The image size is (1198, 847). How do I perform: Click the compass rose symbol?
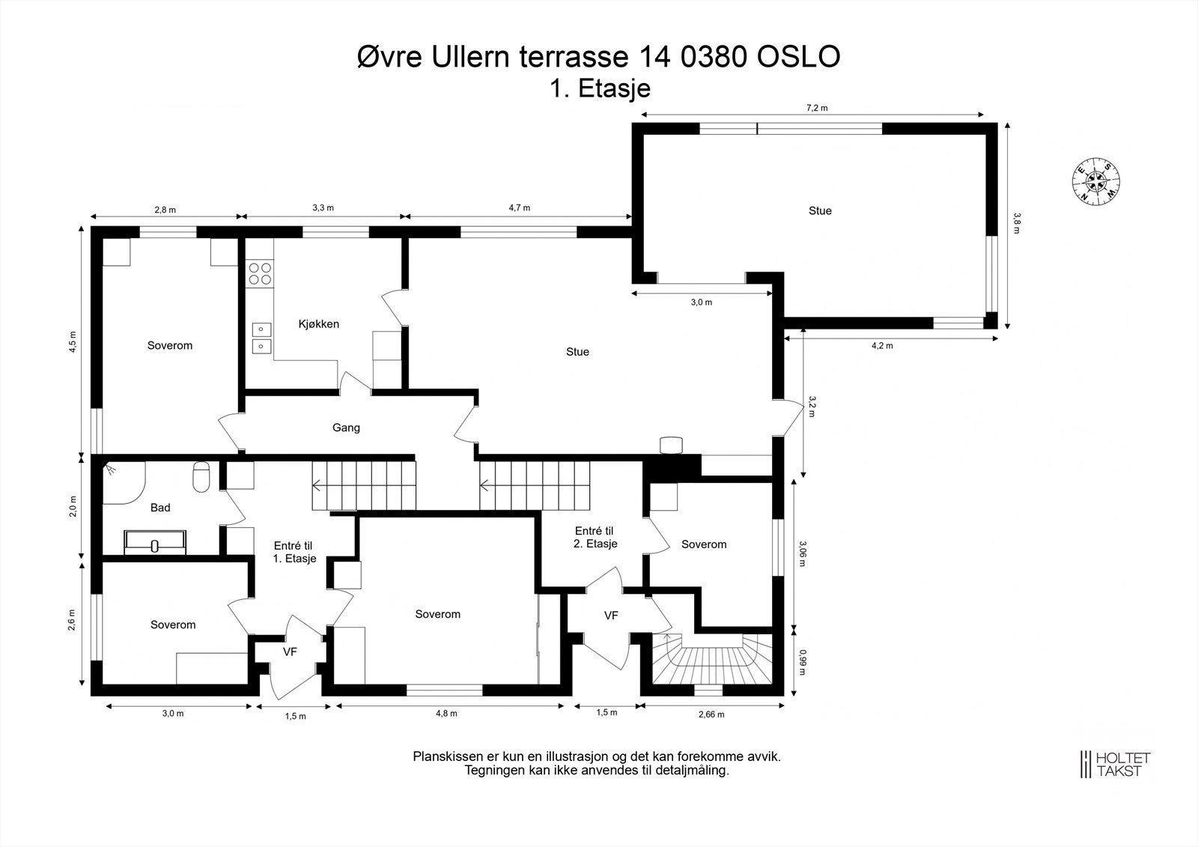pyautogui.click(x=1096, y=181)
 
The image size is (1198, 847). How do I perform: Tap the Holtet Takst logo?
pyautogui.click(x=1115, y=764)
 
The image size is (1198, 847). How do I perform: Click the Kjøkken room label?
pyautogui.click(x=319, y=324)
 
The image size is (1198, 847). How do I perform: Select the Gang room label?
pyautogui.click(x=346, y=428)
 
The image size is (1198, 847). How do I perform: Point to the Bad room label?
pyautogui.click(x=160, y=507)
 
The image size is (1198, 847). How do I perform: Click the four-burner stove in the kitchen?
pyautogui.click(x=260, y=273)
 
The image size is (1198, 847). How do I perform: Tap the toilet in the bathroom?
pyautogui.click(x=201, y=477)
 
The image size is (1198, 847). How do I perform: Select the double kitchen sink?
pyautogui.click(x=261, y=339)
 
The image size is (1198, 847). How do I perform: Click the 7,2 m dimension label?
pyautogui.click(x=817, y=108)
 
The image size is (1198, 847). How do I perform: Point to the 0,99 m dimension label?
pyautogui.click(x=802, y=662)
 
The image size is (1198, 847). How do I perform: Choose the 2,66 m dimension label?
pyautogui.click(x=711, y=714)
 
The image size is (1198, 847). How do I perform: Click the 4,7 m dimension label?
pyautogui.click(x=520, y=207)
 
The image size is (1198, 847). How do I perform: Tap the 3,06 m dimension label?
pyautogui.click(x=802, y=553)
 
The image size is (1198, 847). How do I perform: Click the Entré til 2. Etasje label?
pyautogui.click(x=595, y=537)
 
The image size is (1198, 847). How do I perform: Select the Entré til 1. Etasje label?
pyautogui.click(x=294, y=552)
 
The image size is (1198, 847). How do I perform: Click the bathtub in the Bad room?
pyautogui.click(x=155, y=542)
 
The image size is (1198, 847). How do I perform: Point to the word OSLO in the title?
pyautogui.click(x=798, y=57)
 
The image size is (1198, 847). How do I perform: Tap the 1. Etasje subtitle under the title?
pyautogui.click(x=600, y=89)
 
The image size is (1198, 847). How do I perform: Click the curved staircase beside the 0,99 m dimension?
pyautogui.click(x=712, y=659)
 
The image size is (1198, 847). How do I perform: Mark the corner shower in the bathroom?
pyautogui.click(x=123, y=483)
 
